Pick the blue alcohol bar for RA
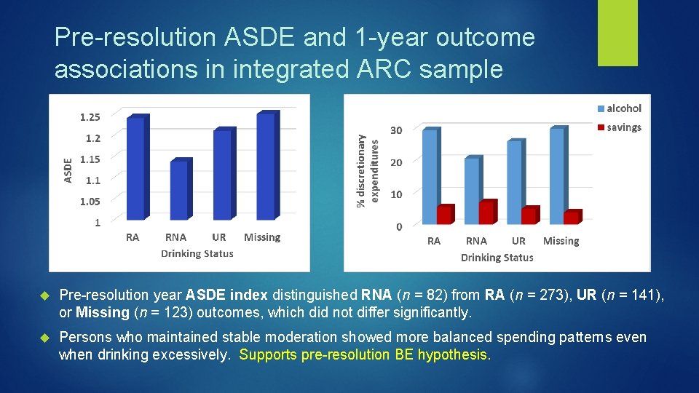[x=430, y=175]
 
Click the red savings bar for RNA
[x=487, y=212]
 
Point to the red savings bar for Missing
[x=573, y=217]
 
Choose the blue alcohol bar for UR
[x=515, y=181]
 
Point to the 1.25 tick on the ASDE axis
[x=90, y=116]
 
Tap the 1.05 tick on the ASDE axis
[x=90, y=202]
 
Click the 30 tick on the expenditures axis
[x=395, y=130]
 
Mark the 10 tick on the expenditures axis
[x=395, y=194]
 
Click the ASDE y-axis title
[x=68, y=170]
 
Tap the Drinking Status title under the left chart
[x=197, y=253]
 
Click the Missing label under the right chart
[x=561, y=241]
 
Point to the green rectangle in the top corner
[x=617, y=32]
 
